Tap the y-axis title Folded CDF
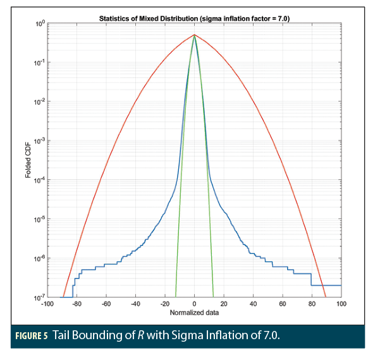[x=28, y=160]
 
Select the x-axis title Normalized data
[x=194, y=313]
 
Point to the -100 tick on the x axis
[x=47, y=304]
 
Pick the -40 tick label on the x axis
[x=135, y=304]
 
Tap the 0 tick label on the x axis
[x=195, y=304]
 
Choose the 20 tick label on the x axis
[x=224, y=304]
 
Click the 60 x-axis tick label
[x=283, y=304]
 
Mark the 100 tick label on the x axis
[x=341, y=304]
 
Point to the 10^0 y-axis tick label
[x=38, y=24]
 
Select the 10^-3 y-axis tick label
[x=38, y=141]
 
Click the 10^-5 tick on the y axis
[x=38, y=219]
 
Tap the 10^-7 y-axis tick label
[x=38, y=297]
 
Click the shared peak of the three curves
[x=195, y=35]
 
